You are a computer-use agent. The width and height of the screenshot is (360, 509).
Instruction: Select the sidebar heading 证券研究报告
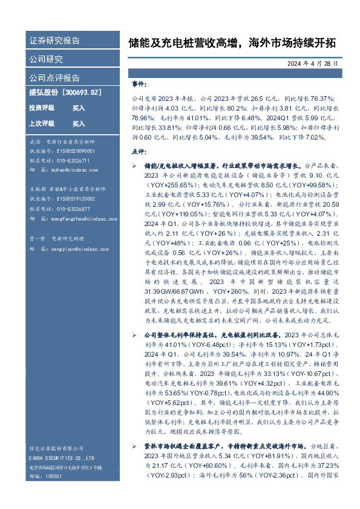coord(54,41)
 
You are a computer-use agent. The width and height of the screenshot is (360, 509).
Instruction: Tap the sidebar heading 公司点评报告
coord(54,77)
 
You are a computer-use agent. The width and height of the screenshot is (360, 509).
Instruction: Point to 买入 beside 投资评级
coord(79,108)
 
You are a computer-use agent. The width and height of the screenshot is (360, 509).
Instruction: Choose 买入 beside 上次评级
coord(79,123)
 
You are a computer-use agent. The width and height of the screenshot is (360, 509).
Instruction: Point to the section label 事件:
coord(139,85)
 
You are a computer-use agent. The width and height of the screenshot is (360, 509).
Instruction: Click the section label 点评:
coord(139,152)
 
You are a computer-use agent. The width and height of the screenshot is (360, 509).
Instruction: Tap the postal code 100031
coord(53,476)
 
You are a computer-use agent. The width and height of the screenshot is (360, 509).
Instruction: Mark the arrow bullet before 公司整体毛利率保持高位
coord(135,334)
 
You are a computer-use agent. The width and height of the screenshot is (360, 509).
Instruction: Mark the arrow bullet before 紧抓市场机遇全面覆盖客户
coord(135,445)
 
